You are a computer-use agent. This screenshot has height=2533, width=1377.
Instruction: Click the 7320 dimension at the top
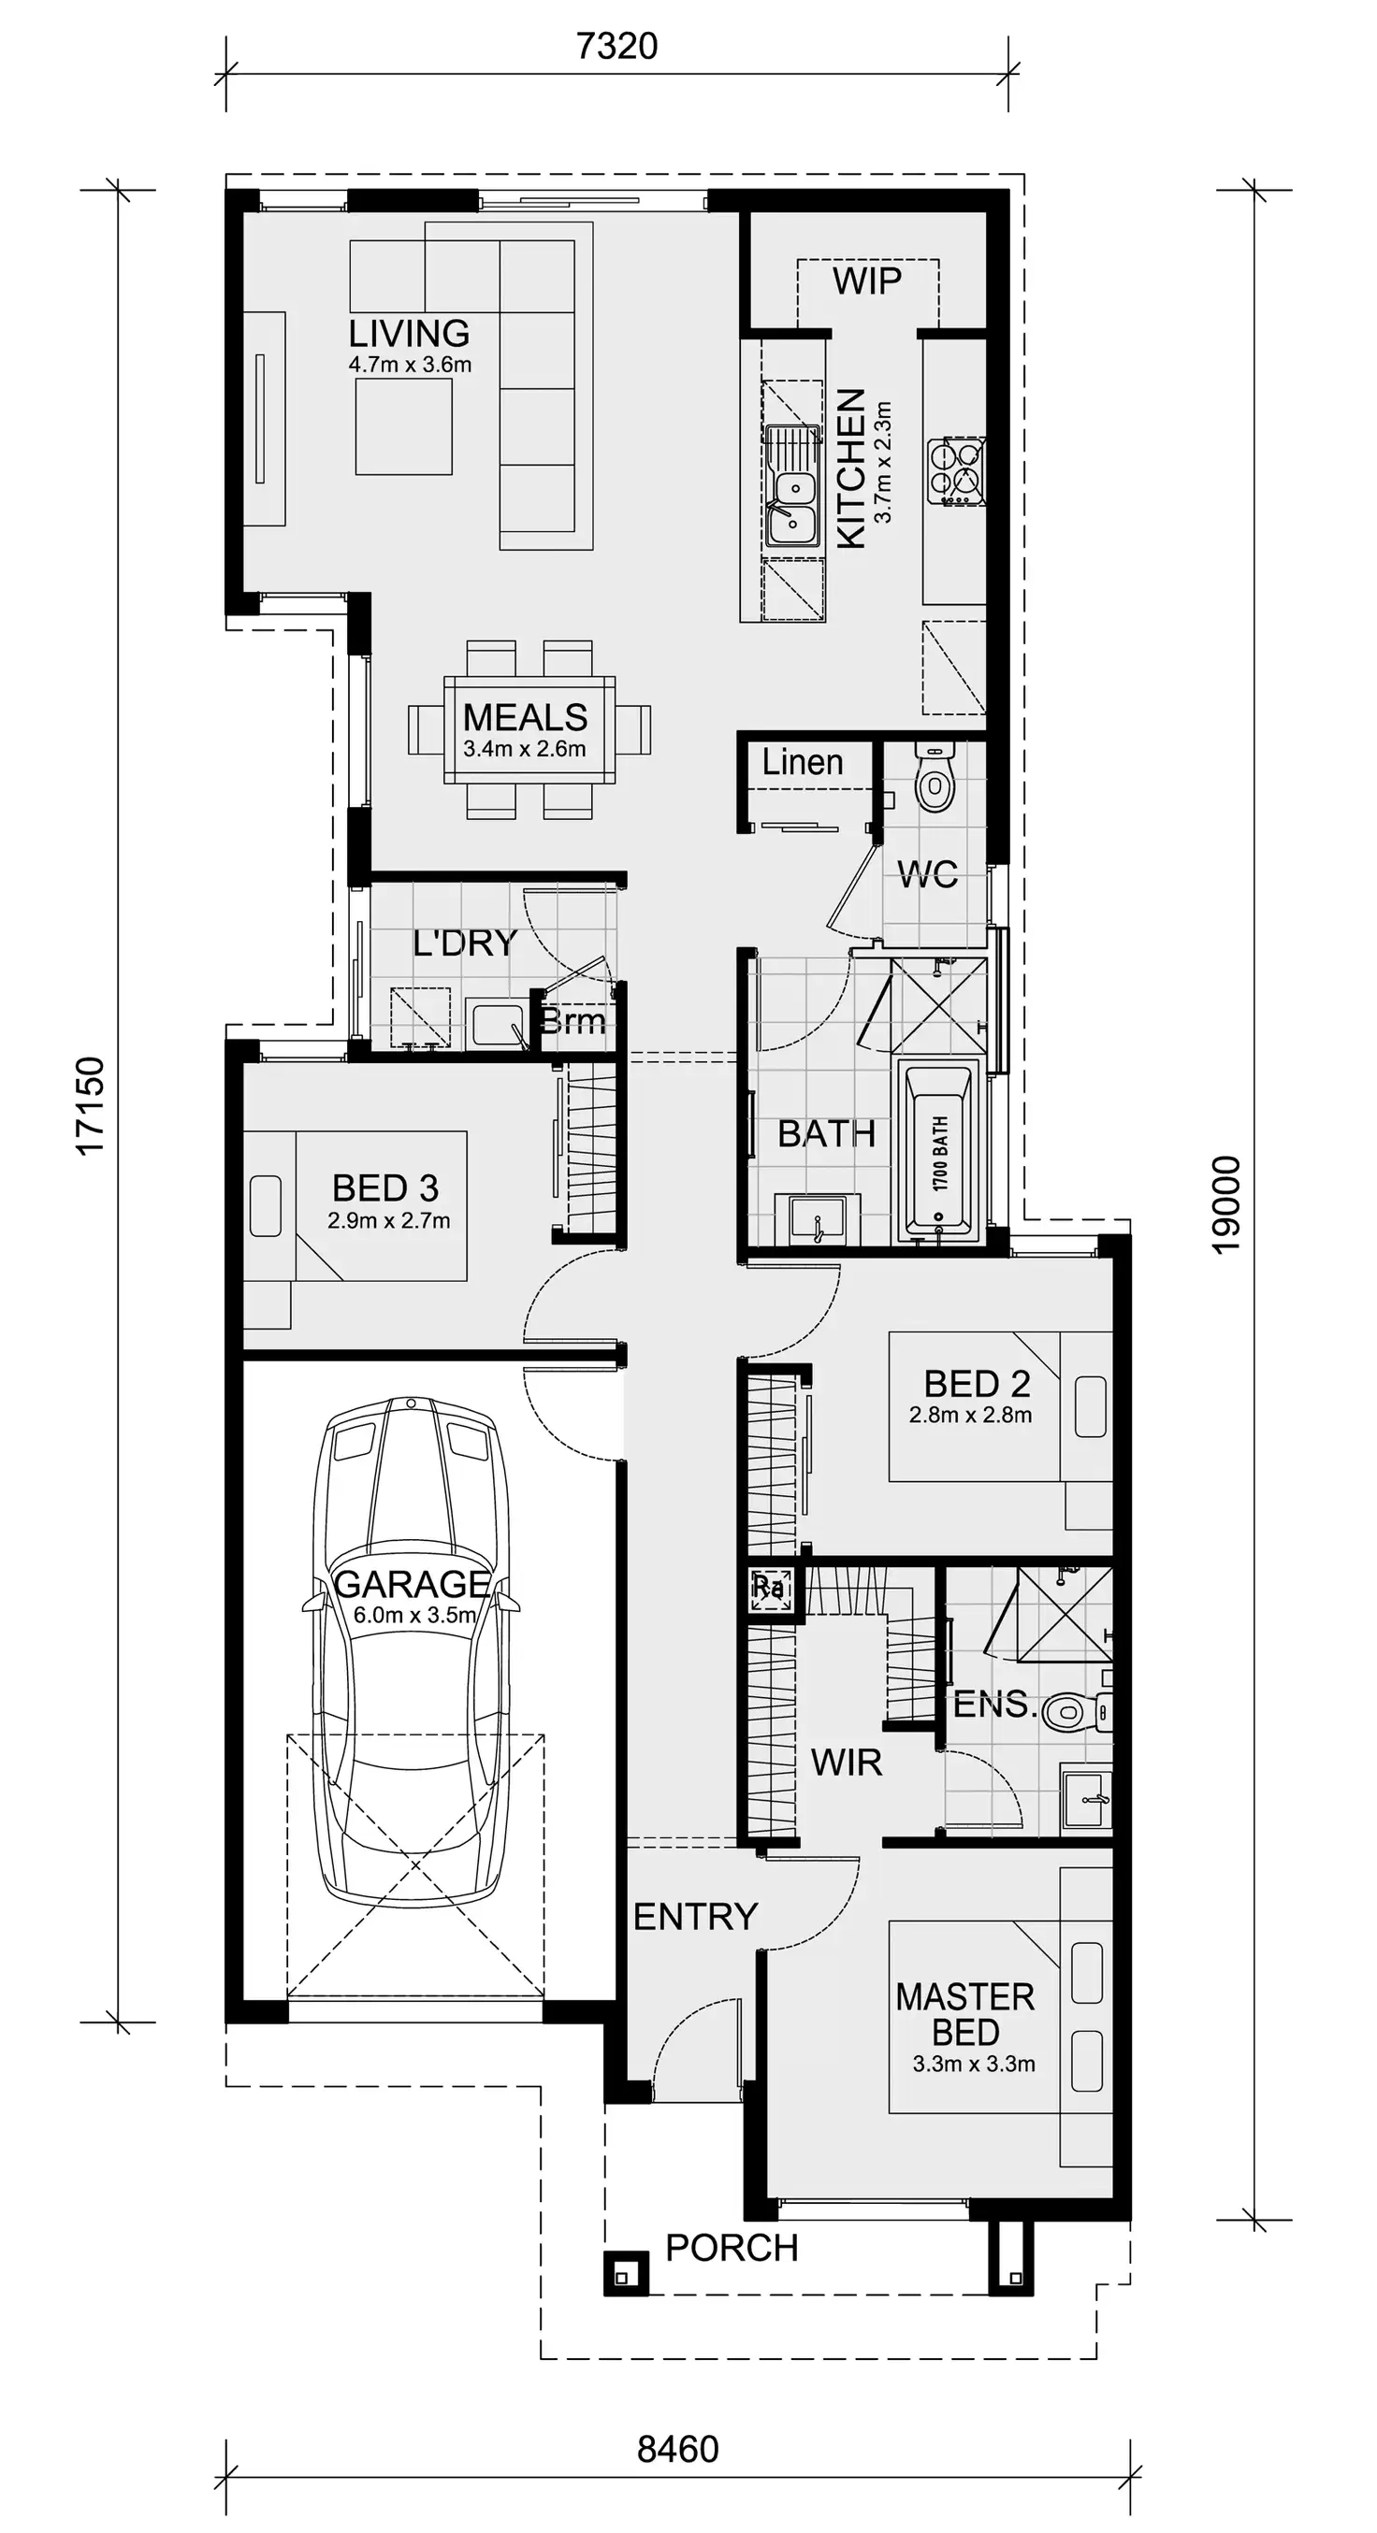click(616, 46)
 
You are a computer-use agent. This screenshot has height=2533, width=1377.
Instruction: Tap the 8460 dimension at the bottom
click(677, 2448)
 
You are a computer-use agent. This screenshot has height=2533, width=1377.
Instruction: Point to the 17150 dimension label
click(91, 1105)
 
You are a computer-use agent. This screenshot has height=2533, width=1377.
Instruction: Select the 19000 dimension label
click(1226, 1203)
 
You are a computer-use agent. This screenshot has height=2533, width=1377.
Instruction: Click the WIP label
click(866, 281)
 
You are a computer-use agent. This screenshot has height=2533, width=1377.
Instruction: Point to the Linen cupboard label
click(803, 763)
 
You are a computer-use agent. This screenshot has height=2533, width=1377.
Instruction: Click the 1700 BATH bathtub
click(939, 1151)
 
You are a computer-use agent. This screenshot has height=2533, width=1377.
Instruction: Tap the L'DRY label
click(464, 943)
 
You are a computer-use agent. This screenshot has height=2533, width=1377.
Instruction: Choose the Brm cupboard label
click(573, 1022)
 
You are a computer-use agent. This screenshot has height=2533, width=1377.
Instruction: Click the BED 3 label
click(385, 1187)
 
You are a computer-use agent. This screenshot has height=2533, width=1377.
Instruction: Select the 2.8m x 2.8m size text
click(970, 1415)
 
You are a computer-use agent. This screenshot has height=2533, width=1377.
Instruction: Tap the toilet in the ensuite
click(1067, 1712)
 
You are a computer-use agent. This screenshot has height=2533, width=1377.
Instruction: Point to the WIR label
click(846, 1763)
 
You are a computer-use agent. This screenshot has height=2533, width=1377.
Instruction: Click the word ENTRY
click(695, 1917)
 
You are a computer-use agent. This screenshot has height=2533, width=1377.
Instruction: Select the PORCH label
click(732, 2249)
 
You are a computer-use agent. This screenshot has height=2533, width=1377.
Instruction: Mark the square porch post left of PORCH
click(626, 2273)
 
